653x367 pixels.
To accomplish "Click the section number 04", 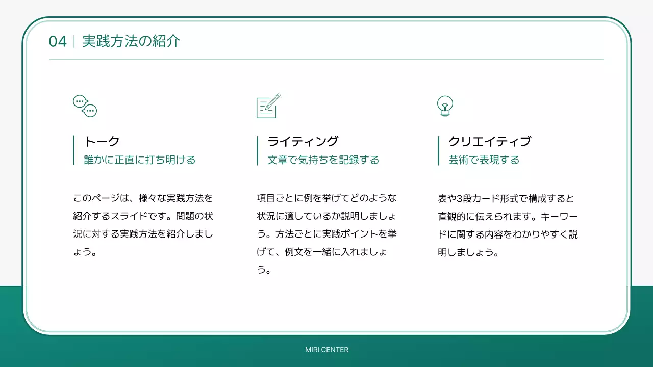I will [x=58, y=41].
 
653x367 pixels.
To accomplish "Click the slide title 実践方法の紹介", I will [x=131, y=41].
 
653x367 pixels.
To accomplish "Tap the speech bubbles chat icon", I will [x=85, y=106].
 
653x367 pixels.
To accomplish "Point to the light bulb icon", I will [x=445, y=106].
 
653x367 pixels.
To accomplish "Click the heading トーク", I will [x=102, y=141].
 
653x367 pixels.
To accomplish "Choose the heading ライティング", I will [x=303, y=141].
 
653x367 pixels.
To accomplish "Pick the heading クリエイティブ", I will [x=490, y=141].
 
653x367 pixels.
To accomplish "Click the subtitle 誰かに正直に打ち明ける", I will [x=140, y=160].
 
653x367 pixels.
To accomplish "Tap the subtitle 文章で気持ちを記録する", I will [x=323, y=160].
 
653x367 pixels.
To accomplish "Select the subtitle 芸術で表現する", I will [x=484, y=160].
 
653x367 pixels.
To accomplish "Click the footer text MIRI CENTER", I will [x=326, y=350].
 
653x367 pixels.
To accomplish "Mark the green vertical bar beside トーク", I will [x=74, y=150].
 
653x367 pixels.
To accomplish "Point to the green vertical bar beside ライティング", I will [x=257, y=150].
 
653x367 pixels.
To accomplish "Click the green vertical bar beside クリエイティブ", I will [x=438, y=150].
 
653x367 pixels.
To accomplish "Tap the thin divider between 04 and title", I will [x=74, y=41].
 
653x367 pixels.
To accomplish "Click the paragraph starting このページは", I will [x=143, y=225].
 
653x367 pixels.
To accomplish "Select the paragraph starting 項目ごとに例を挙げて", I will [x=326, y=234].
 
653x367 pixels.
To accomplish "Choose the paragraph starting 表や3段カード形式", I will [x=508, y=225].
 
